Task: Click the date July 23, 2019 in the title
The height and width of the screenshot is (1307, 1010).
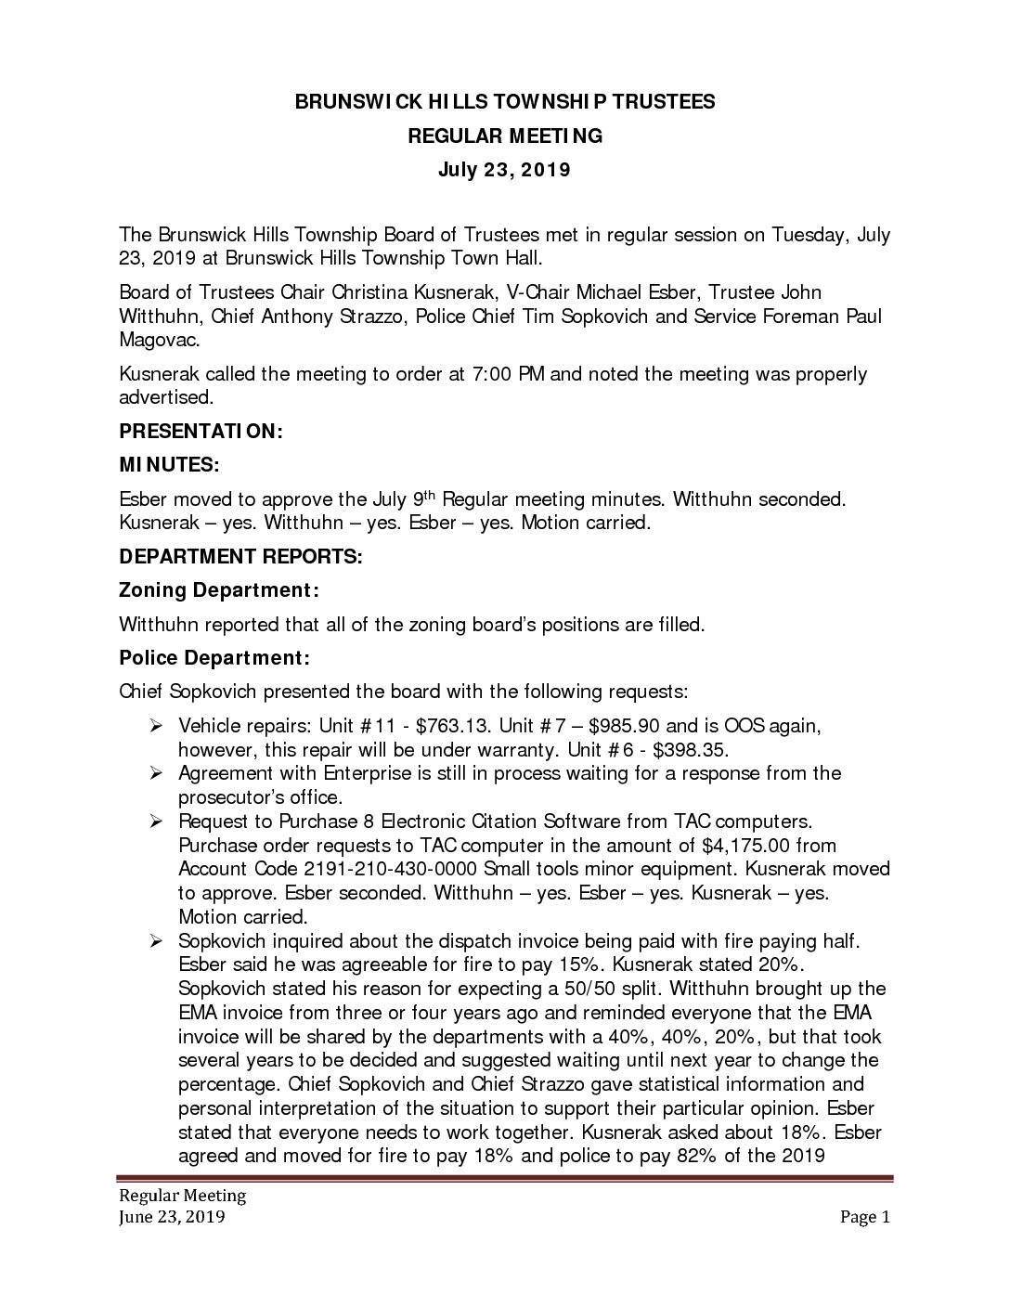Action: tap(505, 170)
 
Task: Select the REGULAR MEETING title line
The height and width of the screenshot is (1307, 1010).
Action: tap(505, 136)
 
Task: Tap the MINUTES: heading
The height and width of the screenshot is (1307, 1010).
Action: tap(170, 465)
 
